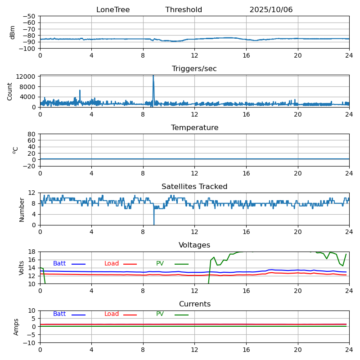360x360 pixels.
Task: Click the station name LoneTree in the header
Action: tap(113, 10)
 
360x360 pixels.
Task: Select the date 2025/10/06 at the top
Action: tap(271, 10)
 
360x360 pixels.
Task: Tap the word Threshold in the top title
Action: tap(184, 10)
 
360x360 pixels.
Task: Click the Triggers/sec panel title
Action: tap(194, 69)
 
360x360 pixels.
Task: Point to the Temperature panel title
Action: tap(194, 128)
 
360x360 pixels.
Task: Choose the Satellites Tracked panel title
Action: tap(194, 187)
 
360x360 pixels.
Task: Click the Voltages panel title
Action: tap(194, 245)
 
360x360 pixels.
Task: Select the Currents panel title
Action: tap(194, 304)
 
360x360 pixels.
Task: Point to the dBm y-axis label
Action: tap(13, 32)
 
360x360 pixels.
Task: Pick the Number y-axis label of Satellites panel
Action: tap(22, 209)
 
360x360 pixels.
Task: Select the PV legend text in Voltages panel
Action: tap(160, 264)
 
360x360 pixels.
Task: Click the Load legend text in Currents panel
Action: tap(112, 314)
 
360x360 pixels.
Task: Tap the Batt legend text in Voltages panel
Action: tap(59, 264)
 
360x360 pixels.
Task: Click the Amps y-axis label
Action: tap(16, 327)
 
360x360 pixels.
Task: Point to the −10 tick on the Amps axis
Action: tap(30, 343)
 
